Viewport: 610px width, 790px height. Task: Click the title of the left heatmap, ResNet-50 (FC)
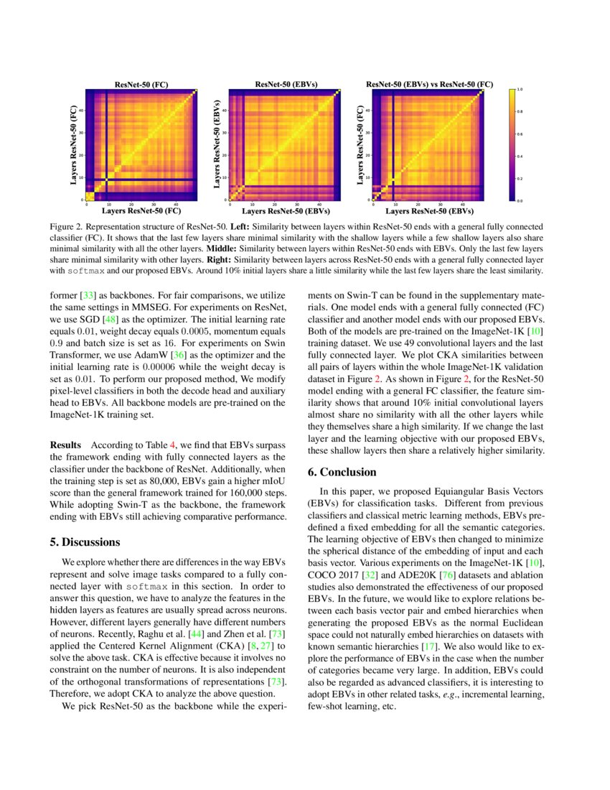(x=141, y=85)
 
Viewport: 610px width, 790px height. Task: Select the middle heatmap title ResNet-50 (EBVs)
(x=286, y=85)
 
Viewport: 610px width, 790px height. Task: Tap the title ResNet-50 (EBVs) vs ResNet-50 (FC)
(x=429, y=85)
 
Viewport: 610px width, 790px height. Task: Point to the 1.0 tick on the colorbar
(x=520, y=90)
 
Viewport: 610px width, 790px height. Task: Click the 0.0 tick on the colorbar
(x=520, y=200)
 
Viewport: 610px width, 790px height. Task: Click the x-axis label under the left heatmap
(x=141, y=212)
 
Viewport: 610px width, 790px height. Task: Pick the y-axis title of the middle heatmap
(x=217, y=144)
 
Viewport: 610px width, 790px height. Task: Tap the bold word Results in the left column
(x=65, y=446)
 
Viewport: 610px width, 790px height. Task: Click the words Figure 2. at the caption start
(x=67, y=226)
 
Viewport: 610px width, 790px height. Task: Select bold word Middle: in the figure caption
(x=222, y=248)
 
